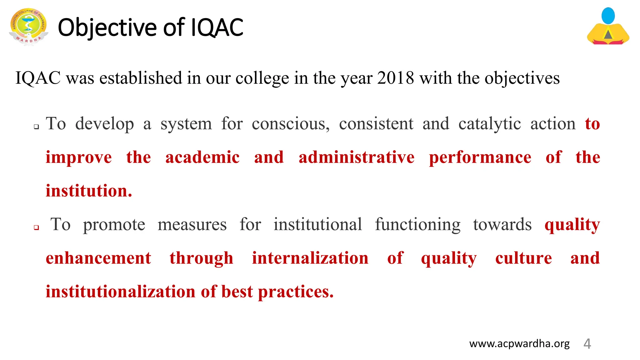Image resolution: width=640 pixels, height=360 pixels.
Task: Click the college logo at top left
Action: pyautogui.click(x=29, y=27)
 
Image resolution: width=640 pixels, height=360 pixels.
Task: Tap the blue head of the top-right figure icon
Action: pyautogui.click(x=608, y=16)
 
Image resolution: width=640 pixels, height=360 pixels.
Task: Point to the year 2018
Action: pyautogui.click(x=395, y=78)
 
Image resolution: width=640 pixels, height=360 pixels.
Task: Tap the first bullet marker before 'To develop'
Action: pyautogui.click(x=37, y=127)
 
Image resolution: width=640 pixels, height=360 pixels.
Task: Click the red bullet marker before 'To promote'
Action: pyautogui.click(x=37, y=227)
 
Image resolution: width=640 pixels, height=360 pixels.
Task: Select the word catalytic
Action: pyautogui.click(x=489, y=124)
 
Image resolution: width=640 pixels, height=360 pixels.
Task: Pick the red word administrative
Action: pyautogui.click(x=356, y=157)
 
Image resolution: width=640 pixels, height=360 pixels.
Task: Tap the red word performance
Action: pyautogui.click(x=480, y=157)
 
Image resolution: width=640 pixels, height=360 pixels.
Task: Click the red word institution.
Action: pyautogui.click(x=89, y=191)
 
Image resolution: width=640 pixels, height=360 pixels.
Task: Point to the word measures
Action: pyautogui.click(x=192, y=224)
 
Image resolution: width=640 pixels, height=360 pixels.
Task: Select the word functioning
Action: pyautogui.click(x=417, y=224)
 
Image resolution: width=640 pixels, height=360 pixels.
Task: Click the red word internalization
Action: pyautogui.click(x=310, y=258)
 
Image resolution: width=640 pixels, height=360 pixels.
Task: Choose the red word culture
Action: pyautogui.click(x=523, y=258)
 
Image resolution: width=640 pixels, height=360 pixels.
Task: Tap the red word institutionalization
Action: pyautogui.click(x=121, y=292)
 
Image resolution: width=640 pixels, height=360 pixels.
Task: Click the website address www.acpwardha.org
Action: pyautogui.click(x=519, y=343)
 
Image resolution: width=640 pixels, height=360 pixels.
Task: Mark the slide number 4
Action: pyautogui.click(x=587, y=344)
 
